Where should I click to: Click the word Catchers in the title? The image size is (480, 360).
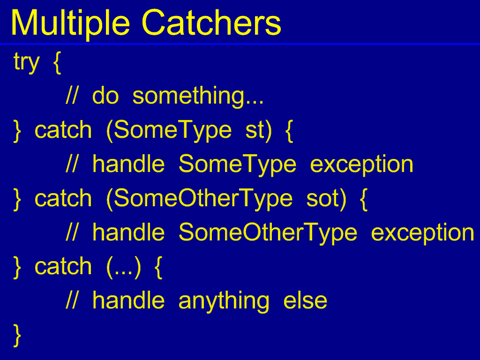tap(211, 22)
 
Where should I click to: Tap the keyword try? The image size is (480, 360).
tap(27, 63)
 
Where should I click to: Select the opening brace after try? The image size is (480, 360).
tap(57, 63)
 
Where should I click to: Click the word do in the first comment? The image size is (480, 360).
tap(105, 96)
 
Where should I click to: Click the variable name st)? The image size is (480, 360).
tap(258, 131)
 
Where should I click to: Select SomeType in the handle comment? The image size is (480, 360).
tap(237, 165)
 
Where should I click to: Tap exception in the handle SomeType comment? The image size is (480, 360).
tap(361, 165)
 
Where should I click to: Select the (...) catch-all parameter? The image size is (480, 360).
tap(124, 267)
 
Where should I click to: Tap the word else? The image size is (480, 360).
tap(305, 301)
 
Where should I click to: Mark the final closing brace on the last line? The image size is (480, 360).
tap(17, 336)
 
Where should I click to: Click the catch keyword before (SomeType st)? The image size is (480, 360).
tap(63, 130)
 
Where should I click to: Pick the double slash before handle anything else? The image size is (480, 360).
tap(72, 301)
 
